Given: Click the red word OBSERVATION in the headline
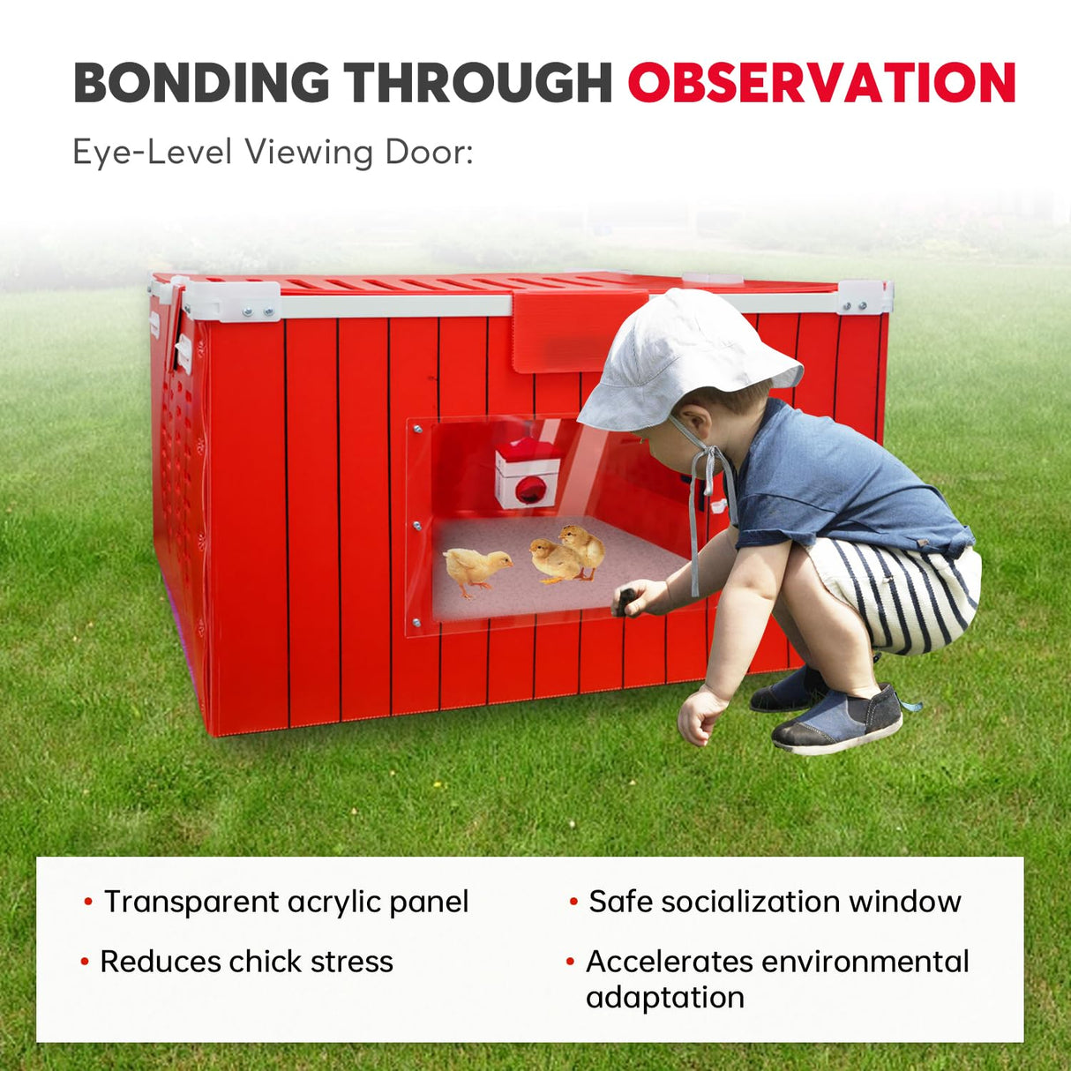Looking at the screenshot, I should click(x=821, y=84).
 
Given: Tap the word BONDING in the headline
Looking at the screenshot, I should click(x=201, y=84).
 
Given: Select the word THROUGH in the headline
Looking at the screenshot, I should click(x=478, y=84).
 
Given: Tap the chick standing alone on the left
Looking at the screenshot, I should click(x=476, y=569).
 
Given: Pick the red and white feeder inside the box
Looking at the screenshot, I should click(x=527, y=474).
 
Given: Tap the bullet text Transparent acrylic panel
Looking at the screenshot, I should click(x=286, y=902).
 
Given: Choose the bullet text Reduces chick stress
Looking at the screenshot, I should click(x=246, y=962).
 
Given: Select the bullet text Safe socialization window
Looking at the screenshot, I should click(x=775, y=902).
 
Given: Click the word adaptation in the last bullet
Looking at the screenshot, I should click(x=665, y=998).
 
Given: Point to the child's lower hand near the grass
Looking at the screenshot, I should click(x=701, y=715).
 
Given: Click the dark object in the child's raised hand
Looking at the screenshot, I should click(x=625, y=601).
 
